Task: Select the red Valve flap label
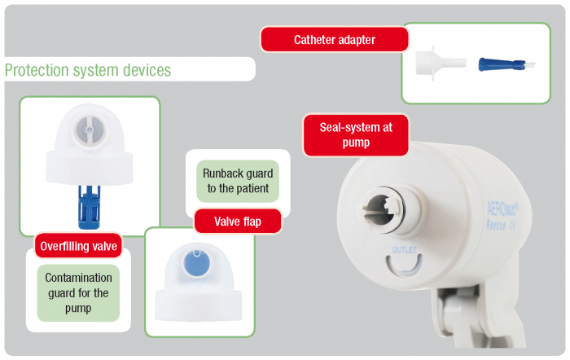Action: point(237,222)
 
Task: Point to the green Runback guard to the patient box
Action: point(238,181)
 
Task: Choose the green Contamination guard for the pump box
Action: point(77,292)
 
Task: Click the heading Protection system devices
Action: point(88,70)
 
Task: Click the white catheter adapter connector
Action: point(440,63)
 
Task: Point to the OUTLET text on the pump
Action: point(404,248)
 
